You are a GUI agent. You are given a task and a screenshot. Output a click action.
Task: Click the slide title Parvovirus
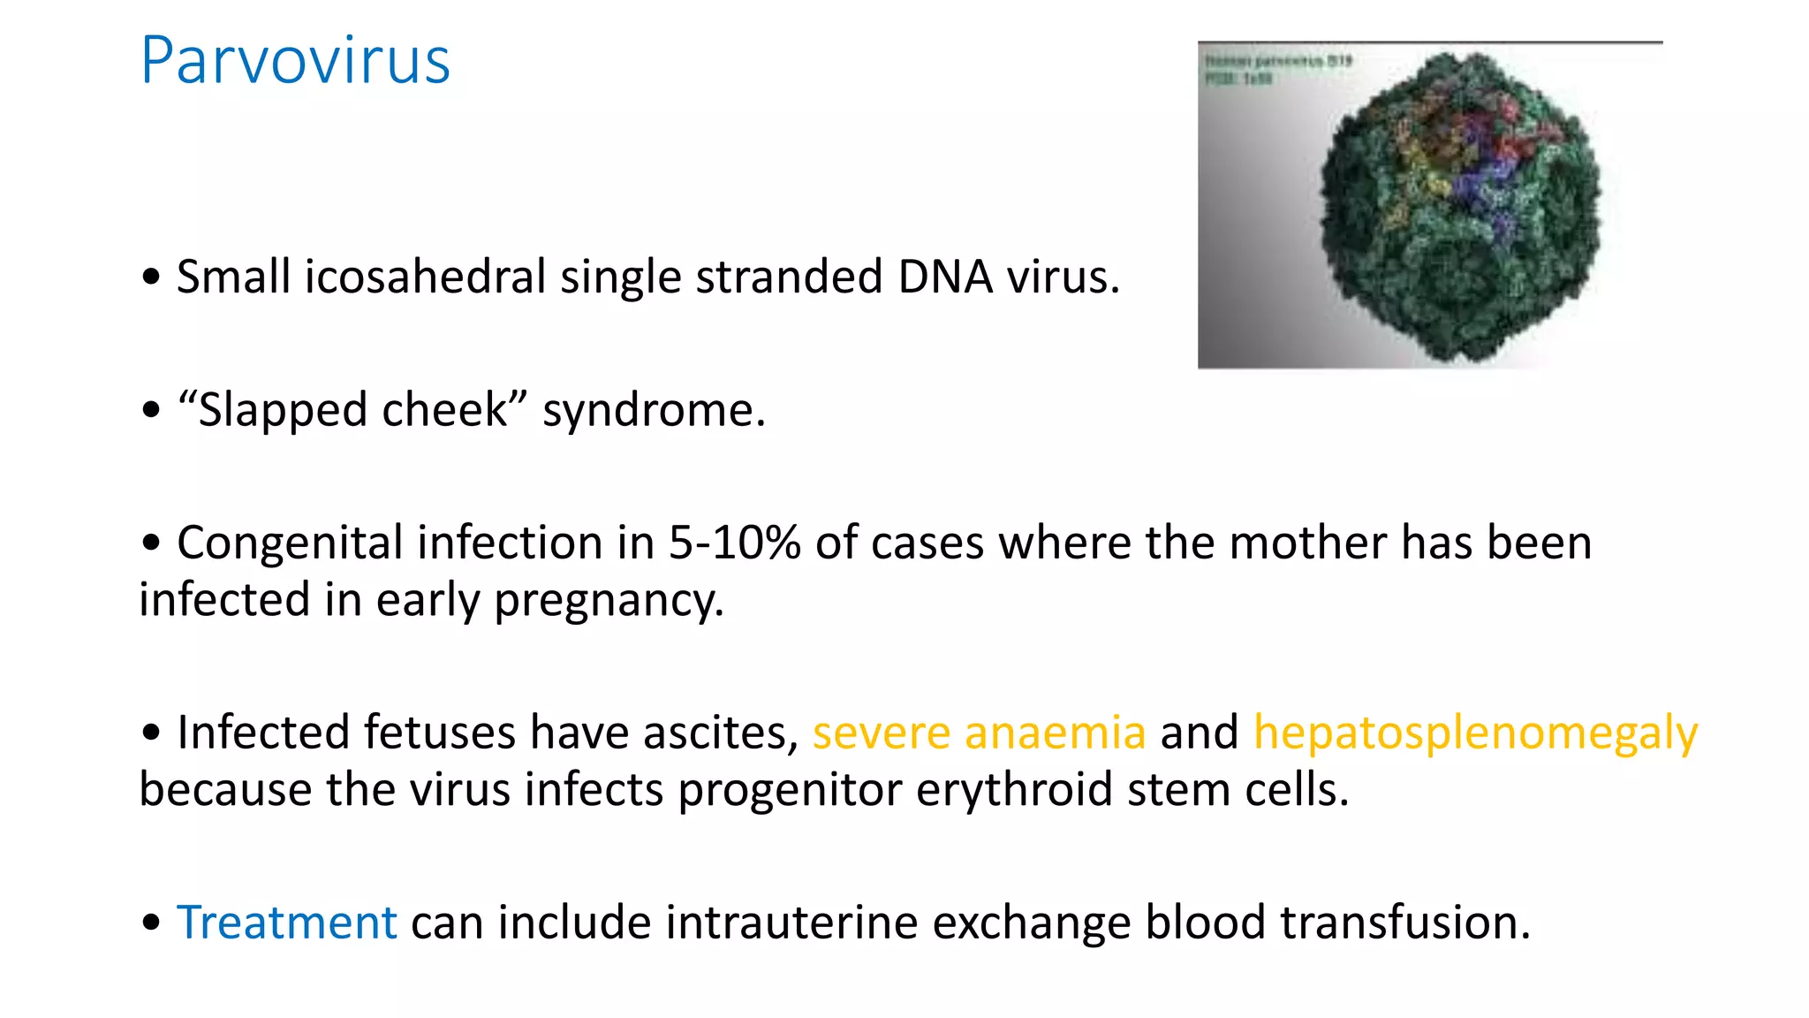[x=295, y=61]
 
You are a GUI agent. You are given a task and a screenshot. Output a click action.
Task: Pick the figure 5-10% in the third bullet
[x=734, y=543]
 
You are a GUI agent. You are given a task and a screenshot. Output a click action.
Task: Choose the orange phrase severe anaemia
[x=979, y=733]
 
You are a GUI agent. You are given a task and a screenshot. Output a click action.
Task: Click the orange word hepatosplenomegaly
[x=1475, y=734]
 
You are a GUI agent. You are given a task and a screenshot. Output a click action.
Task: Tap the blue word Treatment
[x=287, y=923]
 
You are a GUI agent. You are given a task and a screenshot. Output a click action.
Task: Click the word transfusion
[x=1404, y=923]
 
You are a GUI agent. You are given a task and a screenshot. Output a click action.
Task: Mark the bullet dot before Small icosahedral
[x=151, y=277]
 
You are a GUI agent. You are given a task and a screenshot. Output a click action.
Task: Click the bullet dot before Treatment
[x=151, y=923]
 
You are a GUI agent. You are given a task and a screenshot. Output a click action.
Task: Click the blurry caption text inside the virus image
[x=1277, y=69]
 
